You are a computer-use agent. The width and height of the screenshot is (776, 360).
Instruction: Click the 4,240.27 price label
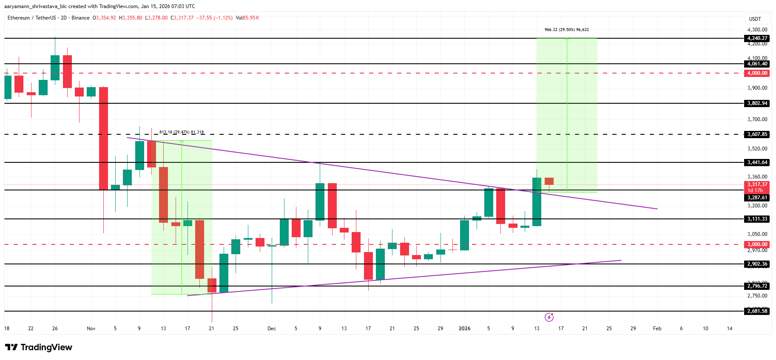point(757,38)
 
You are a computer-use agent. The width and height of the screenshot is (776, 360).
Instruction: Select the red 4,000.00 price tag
point(757,73)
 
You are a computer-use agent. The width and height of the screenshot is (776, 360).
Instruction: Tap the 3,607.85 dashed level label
point(757,134)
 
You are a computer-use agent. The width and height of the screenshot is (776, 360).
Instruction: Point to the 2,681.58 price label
point(757,311)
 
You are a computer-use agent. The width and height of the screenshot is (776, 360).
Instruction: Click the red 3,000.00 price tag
point(757,244)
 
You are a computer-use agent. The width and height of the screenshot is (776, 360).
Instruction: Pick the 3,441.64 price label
point(757,162)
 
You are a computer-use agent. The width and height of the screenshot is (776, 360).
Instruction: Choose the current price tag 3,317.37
point(757,184)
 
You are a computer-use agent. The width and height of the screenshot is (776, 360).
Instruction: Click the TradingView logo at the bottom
point(39,347)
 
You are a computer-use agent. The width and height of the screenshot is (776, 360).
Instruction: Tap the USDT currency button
point(755,19)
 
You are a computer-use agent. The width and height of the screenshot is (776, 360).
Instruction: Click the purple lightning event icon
point(549,317)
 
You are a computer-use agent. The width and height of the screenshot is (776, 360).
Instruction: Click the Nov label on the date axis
point(91,329)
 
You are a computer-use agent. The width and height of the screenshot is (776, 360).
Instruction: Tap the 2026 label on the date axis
point(464,329)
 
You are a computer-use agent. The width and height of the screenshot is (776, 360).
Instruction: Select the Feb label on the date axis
point(657,329)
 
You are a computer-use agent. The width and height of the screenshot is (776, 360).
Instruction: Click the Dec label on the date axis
point(272,329)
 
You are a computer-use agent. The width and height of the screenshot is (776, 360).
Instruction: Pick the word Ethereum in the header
point(19,18)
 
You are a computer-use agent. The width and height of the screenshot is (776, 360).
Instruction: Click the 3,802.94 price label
point(757,103)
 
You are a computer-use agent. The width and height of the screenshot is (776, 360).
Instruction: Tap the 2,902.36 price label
point(757,264)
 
